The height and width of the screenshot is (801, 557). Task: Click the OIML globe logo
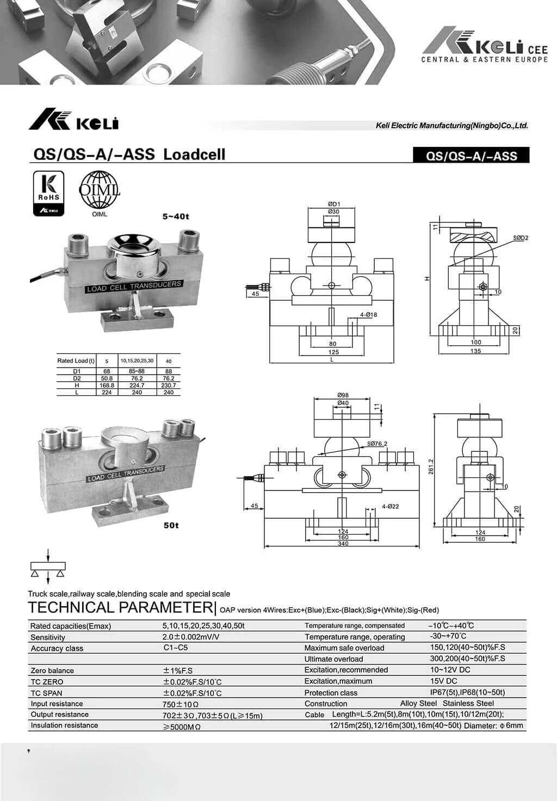(100, 190)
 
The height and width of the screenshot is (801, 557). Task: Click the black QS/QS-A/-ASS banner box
(471, 156)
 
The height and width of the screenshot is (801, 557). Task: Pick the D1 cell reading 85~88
(137, 371)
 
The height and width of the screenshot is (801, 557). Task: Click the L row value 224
(107, 392)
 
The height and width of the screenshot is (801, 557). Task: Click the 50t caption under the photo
(171, 525)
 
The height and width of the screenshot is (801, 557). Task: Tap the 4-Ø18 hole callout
(368, 315)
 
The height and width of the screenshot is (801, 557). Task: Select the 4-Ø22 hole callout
(390, 506)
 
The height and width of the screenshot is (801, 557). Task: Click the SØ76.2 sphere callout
(377, 444)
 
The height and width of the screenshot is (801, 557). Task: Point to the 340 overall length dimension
(343, 544)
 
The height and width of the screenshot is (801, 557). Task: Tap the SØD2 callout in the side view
(520, 238)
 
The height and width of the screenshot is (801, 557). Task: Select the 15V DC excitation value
(443, 681)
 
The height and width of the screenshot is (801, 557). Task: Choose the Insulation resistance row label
(64, 725)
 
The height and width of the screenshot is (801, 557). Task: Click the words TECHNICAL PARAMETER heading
(119, 607)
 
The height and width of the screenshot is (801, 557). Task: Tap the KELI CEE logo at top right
(484, 46)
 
